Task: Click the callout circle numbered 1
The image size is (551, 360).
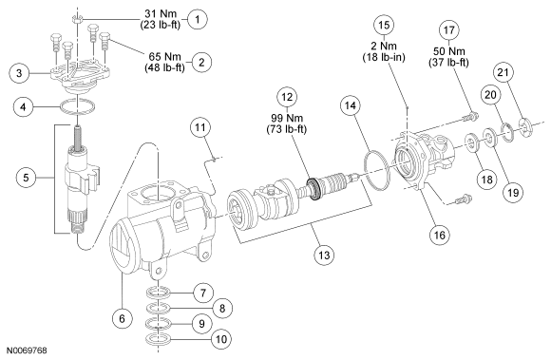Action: click(198, 19)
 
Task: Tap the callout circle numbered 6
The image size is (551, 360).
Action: click(122, 318)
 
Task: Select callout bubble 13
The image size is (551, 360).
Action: click(324, 255)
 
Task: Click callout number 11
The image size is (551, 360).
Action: click(199, 127)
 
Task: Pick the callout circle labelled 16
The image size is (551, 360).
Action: click(440, 235)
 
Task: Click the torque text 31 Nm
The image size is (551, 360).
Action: click(161, 13)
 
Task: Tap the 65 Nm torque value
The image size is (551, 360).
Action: click(164, 57)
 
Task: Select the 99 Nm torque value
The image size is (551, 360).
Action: click(287, 118)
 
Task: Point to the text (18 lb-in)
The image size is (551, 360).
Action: click(384, 57)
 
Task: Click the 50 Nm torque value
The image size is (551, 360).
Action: click(449, 51)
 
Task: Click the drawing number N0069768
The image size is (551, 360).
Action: click(27, 351)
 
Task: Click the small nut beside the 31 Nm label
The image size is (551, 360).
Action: click(78, 18)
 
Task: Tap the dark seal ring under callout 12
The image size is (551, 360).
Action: click(313, 189)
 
